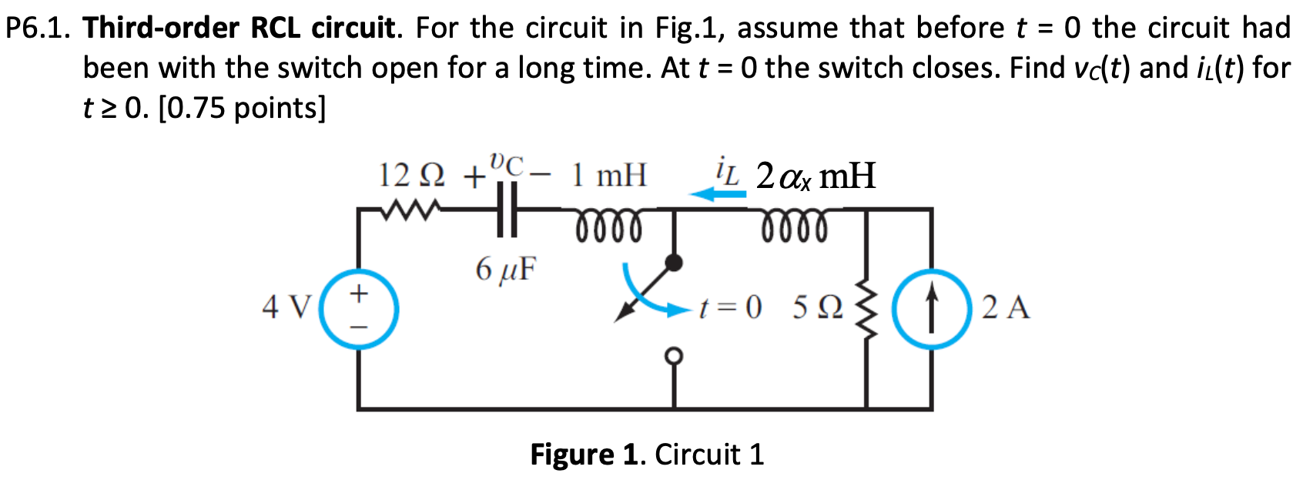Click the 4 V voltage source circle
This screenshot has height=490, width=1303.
pyautogui.click(x=359, y=310)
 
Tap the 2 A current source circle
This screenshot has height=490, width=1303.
pyautogui.click(x=932, y=310)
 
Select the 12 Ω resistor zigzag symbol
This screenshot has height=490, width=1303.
pyautogui.click(x=413, y=208)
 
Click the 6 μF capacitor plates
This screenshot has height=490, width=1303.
pyautogui.click(x=506, y=209)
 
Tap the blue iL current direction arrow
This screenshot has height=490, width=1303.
pyautogui.click(x=718, y=194)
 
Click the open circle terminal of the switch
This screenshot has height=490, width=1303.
pyautogui.click(x=674, y=356)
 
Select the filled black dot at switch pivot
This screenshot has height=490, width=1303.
pyautogui.click(x=674, y=262)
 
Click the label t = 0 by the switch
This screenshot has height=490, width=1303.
pyautogui.click(x=729, y=308)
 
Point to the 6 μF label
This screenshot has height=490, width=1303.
pyautogui.click(x=505, y=270)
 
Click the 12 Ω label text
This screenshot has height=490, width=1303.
pyautogui.click(x=413, y=176)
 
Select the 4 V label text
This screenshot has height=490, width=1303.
pyautogui.click(x=285, y=307)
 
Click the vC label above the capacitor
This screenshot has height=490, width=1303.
pyautogui.click(x=506, y=164)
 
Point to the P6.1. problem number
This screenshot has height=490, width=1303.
pyautogui.click(x=39, y=28)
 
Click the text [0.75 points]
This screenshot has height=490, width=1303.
pyautogui.click(x=242, y=108)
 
